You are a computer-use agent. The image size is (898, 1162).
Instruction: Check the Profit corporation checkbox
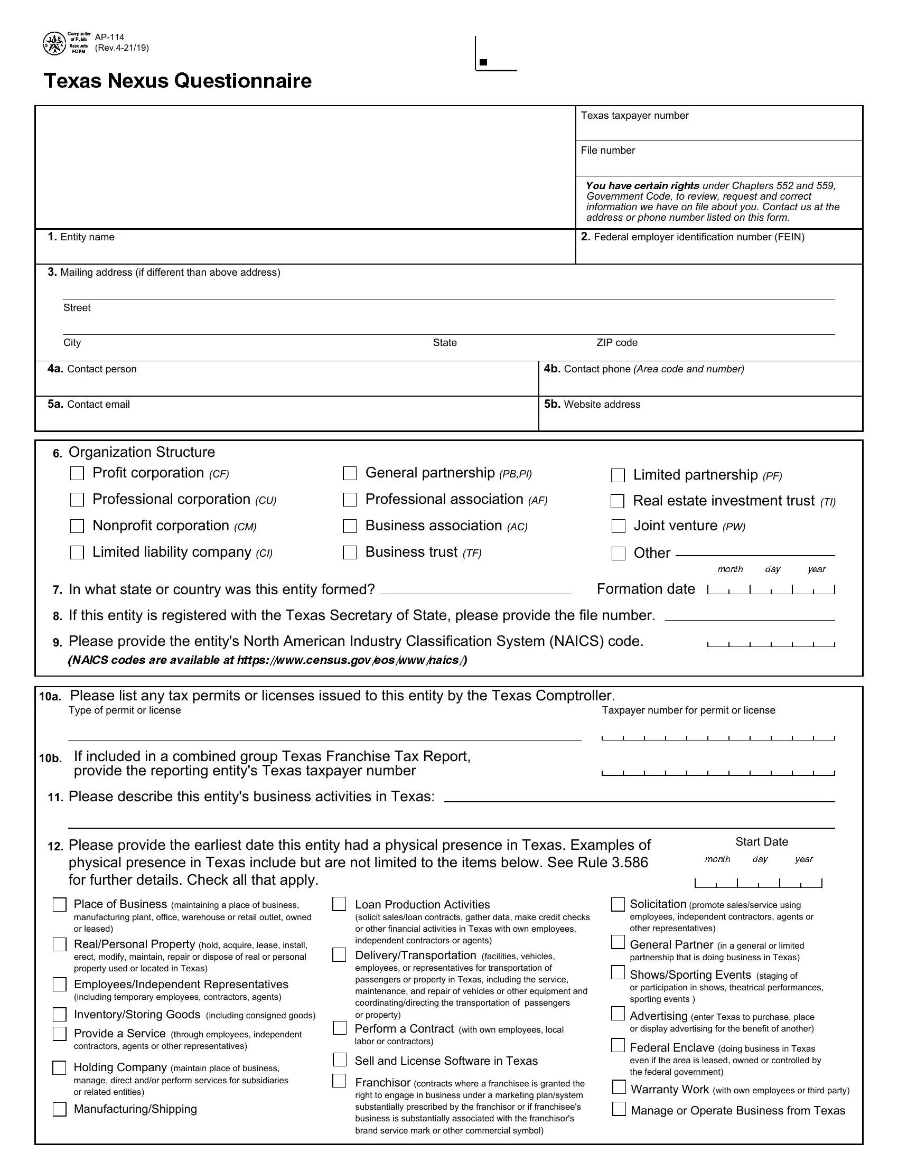point(77,473)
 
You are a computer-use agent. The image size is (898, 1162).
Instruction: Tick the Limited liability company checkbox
point(77,552)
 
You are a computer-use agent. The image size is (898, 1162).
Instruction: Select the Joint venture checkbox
point(618,526)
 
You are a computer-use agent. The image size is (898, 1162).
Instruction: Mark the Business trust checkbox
point(350,552)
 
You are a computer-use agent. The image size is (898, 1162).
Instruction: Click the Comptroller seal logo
point(54,44)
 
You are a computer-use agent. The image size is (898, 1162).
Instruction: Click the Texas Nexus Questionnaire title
point(177,81)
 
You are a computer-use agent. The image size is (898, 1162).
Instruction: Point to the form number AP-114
point(109,38)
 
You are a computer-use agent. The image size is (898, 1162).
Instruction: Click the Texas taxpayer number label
point(634,116)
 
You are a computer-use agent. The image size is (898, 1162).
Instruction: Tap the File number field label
point(607,151)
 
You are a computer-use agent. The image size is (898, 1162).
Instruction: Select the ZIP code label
point(616,343)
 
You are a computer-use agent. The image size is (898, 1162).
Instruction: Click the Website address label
point(602,405)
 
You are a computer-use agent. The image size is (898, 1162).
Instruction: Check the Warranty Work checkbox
point(619,1086)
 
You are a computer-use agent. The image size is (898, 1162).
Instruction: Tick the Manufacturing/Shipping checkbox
point(60,1109)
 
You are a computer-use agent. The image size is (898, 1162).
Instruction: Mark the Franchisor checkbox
point(340,1081)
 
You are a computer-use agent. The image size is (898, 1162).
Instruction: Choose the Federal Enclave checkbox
point(618,1045)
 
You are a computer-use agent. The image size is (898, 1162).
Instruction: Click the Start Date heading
point(761,842)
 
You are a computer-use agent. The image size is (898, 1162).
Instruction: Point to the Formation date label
point(646,589)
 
